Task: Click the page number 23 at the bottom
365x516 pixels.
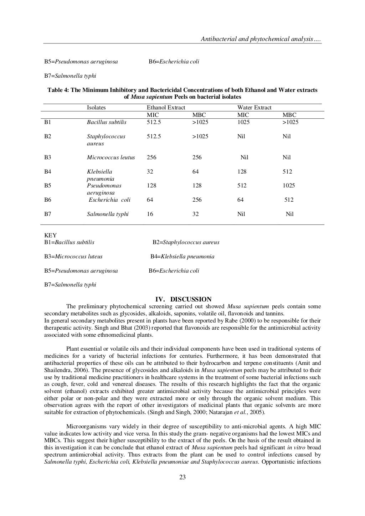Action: point(182,478)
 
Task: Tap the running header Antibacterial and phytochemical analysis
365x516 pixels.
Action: point(261,39)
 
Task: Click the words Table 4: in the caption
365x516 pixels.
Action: point(58,90)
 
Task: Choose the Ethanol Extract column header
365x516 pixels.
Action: point(166,108)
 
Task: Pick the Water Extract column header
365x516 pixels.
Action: point(254,108)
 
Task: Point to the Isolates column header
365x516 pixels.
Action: point(96,108)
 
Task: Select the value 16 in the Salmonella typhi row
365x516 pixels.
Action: point(150,214)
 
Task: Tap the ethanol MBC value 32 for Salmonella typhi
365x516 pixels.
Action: point(196,214)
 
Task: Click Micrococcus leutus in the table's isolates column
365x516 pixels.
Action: point(111,158)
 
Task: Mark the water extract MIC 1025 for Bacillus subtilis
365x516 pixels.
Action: point(243,122)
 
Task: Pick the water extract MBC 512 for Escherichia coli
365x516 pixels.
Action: point(289,200)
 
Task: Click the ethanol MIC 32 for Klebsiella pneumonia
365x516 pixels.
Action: point(150,172)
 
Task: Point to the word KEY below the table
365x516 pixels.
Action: point(50,236)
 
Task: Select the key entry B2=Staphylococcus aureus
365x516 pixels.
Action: point(186,242)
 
